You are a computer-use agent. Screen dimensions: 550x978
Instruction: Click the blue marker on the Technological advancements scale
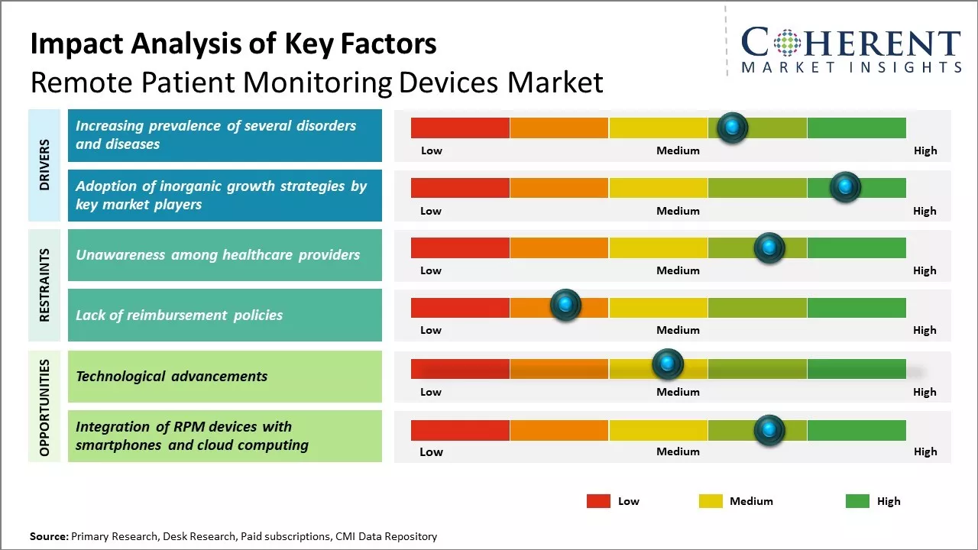[x=667, y=364]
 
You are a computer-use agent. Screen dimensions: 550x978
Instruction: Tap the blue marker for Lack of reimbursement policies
[x=565, y=305]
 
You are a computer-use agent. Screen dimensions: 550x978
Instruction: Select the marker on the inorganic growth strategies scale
[x=845, y=186]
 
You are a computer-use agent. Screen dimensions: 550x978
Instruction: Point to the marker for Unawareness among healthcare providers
[x=769, y=247]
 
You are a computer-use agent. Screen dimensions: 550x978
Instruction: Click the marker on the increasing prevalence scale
[x=732, y=127]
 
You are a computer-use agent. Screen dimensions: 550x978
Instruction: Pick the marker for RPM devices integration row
[x=769, y=429]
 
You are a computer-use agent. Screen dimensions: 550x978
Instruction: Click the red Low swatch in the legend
[x=598, y=501]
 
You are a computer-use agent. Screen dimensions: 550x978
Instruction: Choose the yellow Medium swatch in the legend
[x=711, y=501]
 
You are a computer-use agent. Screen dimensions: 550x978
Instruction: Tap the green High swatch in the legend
[x=857, y=501]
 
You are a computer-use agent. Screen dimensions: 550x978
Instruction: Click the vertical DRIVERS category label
[x=44, y=165]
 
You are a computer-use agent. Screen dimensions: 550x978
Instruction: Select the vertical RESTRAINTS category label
[x=44, y=285]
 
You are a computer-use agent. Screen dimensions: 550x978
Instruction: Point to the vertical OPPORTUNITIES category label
[x=44, y=407]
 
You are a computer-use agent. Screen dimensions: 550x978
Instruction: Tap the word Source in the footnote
[x=49, y=537]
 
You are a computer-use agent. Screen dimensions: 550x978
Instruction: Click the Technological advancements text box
[x=225, y=376]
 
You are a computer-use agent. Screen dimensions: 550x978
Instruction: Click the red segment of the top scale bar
[x=460, y=128]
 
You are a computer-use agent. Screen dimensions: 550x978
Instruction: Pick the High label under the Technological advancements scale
[x=925, y=392]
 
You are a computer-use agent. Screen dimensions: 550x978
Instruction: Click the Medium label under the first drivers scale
[x=678, y=150]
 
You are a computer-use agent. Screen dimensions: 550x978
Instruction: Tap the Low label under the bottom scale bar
[x=431, y=451]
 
